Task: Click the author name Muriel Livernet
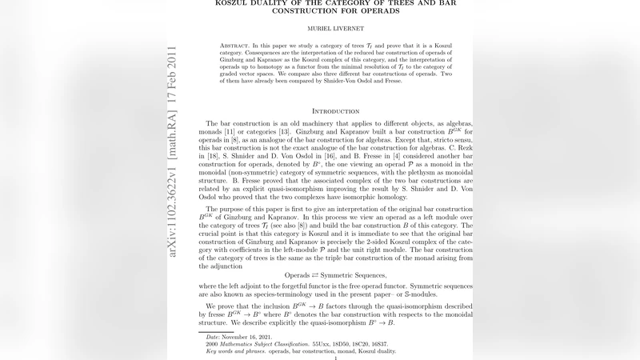[335, 28]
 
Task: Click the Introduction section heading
[335, 110]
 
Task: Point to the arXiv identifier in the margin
[173, 215]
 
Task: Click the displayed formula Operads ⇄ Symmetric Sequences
[335, 275]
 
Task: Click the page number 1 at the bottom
[335, 358]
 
